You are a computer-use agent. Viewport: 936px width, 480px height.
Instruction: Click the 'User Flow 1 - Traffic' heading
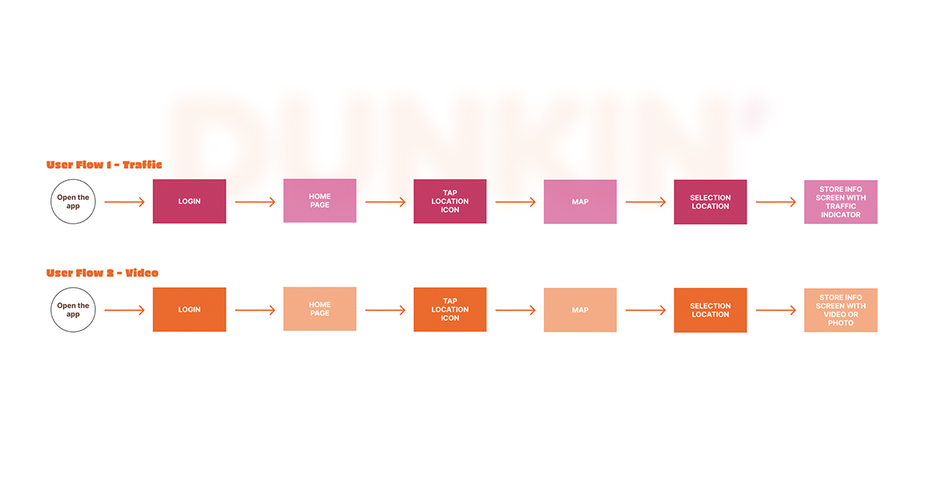click(104, 165)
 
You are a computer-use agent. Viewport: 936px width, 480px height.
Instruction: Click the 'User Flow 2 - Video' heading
click(102, 273)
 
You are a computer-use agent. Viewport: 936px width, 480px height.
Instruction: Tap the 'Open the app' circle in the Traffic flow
click(73, 202)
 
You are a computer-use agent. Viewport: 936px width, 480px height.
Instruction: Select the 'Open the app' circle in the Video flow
click(73, 310)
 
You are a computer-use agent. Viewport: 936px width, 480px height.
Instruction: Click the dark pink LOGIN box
click(190, 202)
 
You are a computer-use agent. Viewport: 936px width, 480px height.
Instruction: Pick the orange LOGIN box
click(190, 310)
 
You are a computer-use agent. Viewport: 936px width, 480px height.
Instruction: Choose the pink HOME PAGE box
click(320, 201)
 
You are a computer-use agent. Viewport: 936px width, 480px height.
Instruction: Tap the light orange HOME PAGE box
click(320, 309)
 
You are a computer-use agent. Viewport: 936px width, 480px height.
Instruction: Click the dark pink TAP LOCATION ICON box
click(450, 202)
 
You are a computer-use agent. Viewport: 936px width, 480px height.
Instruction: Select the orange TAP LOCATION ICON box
click(450, 310)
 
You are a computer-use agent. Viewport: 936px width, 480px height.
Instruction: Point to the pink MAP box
click(580, 202)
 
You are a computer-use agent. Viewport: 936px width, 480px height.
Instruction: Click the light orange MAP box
click(580, 310)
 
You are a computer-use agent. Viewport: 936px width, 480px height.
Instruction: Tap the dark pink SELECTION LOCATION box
click(710, 202)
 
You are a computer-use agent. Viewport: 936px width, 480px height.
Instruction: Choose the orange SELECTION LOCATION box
click(710, 310)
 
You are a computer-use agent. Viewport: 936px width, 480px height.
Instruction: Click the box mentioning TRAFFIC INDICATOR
click(841, 202)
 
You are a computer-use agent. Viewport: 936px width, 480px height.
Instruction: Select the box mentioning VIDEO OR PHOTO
click(841, 310)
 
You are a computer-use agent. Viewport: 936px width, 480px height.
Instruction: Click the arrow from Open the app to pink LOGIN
click(124, 202)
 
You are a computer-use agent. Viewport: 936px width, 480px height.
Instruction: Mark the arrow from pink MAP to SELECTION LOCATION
click(646, 202)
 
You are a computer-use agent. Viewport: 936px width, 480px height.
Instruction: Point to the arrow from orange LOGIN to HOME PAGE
click(255, 310)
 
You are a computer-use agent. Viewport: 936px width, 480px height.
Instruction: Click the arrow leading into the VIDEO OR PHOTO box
click(776, 310)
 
